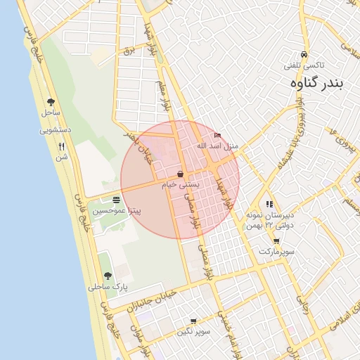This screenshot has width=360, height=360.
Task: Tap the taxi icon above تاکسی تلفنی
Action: [x=302, y=55]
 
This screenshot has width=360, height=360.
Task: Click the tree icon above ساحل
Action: [x=51, y=102]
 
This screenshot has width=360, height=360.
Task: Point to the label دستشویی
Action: [x=53, y=130]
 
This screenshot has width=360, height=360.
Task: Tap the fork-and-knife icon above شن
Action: [x=62, y=146]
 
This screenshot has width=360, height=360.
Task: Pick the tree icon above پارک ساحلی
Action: [x=107, y=276]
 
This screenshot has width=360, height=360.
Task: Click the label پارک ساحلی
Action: [x=105, y=287]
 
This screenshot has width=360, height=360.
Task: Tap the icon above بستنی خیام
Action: [x=181, y=174]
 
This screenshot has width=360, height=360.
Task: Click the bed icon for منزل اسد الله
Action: [x=217, y=135]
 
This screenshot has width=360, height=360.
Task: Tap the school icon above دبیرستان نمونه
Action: [x=269, y=204]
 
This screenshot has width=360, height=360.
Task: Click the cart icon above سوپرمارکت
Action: [x=276, y=241]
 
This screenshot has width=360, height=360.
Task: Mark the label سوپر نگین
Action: [x=193, y=331]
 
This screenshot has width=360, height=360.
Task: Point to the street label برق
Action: [x=128, y=51]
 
